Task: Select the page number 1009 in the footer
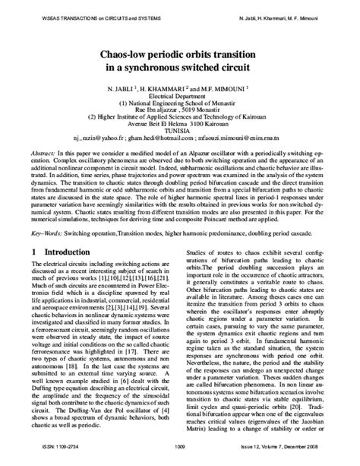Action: (x=180, y=447)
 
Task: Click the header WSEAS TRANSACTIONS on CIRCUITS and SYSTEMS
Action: (x=83, y=14)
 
